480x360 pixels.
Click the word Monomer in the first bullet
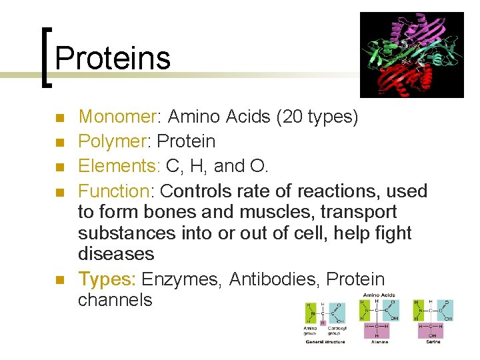[x=117, y=117]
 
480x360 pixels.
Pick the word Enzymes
[x=181, y=280]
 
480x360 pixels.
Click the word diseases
[x=116, y=254]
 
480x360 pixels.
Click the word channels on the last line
[x=115, y=300]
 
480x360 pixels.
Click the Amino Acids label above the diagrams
[x=379, y=295]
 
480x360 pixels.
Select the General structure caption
[x=325, y=341]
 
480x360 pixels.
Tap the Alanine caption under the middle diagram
[x=378, y=341]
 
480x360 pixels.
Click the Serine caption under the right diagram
[x=434, y=341]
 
